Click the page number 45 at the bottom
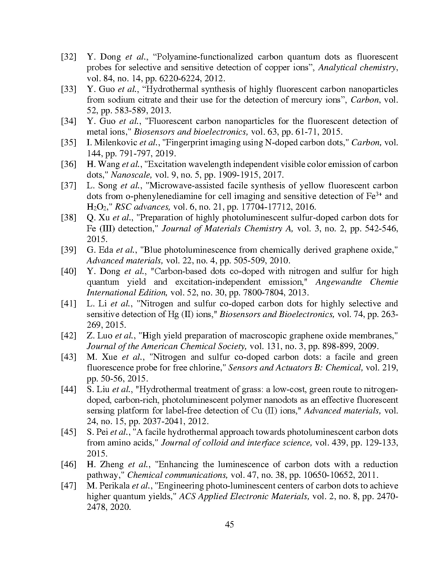pyautogui.click(x=229, y=524)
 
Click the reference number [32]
pyautogui.click(x=68, y=57)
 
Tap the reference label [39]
pyautogui.click(x=68, y=250)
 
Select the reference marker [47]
pyautogui.click(x=68, y=486)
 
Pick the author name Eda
pyautogui.click(x=106, y=250)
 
